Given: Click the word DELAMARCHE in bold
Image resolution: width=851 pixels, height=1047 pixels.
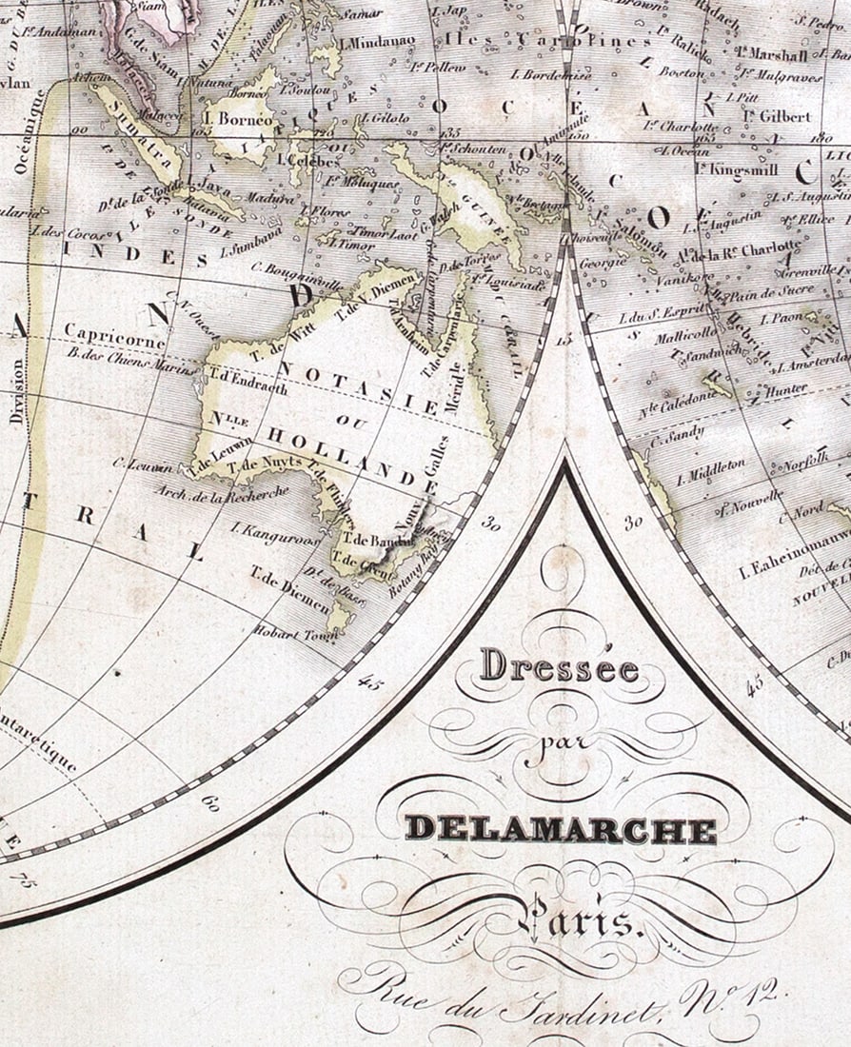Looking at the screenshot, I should (561, 829).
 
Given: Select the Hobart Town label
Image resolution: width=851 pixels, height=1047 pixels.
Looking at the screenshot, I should (289, 633).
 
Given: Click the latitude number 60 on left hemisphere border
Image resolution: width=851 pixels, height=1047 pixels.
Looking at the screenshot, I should (210, 802).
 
